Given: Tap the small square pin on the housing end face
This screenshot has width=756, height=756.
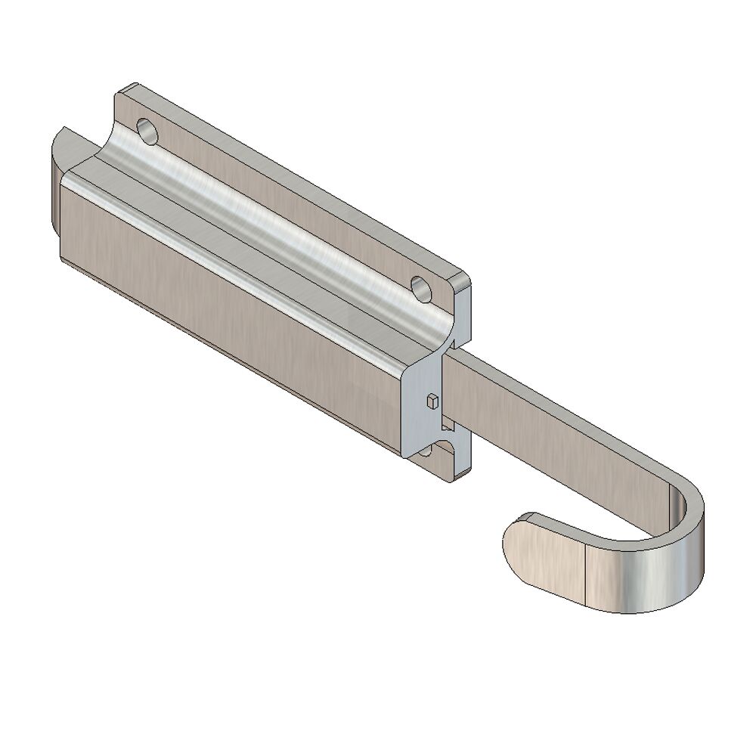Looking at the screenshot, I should coord(432,400).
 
